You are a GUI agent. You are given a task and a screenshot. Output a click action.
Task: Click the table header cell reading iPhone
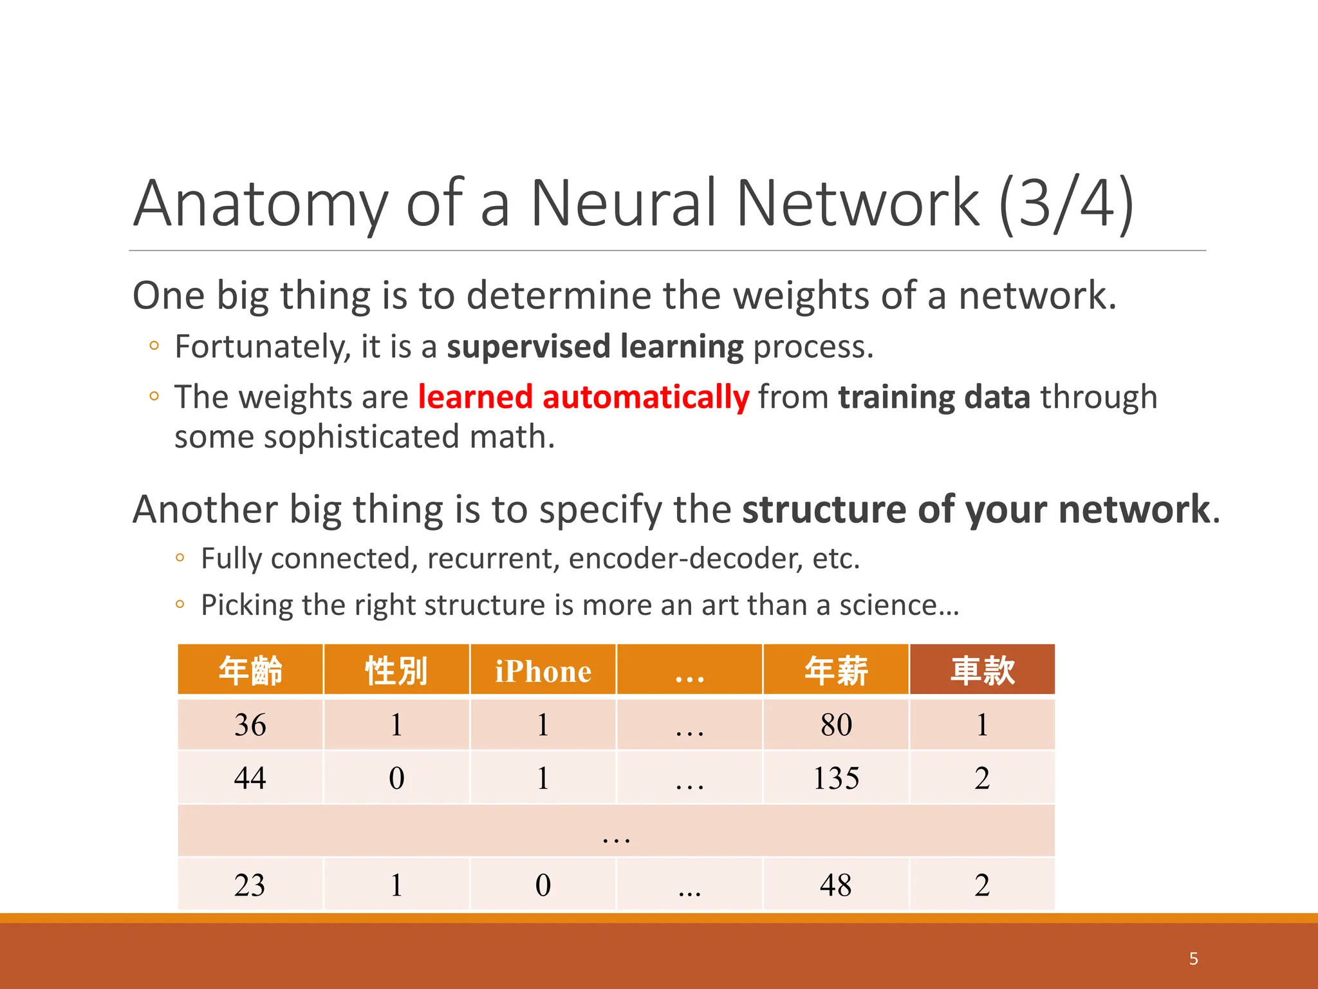tap(543, 671)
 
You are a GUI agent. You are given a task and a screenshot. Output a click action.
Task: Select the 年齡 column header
tap(250, 671)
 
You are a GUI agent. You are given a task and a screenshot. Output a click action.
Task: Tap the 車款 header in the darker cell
tap(982, 671)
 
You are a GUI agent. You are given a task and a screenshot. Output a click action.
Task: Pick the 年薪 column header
tap(836, 671)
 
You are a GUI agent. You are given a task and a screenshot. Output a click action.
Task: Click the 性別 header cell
tap(396, 671)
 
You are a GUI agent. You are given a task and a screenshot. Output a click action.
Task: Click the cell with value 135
tap(836, 778)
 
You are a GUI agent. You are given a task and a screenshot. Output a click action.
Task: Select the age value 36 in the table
tap(250, 725)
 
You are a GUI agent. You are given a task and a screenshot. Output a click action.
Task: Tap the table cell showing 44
tap(250, 778)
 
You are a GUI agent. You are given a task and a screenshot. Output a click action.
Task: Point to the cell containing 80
tap(836, 725)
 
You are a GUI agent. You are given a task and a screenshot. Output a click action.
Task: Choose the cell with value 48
tap(836, 885)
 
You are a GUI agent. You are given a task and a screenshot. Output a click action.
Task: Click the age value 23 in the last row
tap(250, 885)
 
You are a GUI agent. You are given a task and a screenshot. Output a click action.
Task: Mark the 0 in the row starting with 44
tap(396, 778)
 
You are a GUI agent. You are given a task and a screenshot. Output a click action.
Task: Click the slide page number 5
tap(1193, 959)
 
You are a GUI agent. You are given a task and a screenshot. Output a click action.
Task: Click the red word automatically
tap(645, 397)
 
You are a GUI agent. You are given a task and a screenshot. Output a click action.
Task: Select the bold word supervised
tap(528, 347)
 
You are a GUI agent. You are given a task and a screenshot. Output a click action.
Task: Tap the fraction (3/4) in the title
tap(1066, 203)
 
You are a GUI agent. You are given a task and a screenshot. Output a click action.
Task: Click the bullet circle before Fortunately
tap(154, 346)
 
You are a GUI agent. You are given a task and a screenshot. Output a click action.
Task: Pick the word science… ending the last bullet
tap(899, 605)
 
